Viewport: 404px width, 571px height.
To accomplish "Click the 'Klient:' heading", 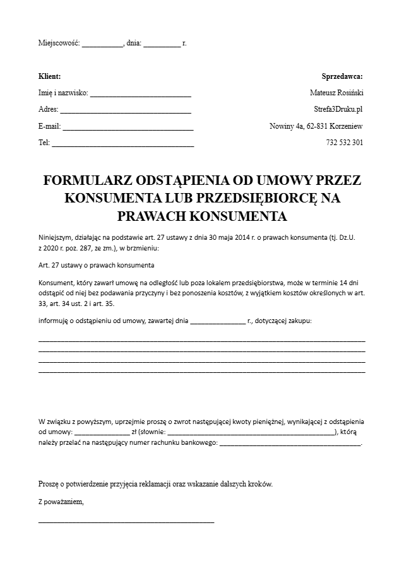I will tap(50, 76).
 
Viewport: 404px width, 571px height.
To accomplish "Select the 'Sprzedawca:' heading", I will tap(342, 76).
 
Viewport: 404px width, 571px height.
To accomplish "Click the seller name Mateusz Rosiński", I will tap(336, 93).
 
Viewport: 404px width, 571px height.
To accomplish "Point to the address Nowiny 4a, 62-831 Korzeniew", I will tap(316, 126).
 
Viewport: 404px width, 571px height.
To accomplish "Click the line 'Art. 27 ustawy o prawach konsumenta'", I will tap(97, 266).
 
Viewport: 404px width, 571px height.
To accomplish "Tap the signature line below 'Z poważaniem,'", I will tap(126, 521).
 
